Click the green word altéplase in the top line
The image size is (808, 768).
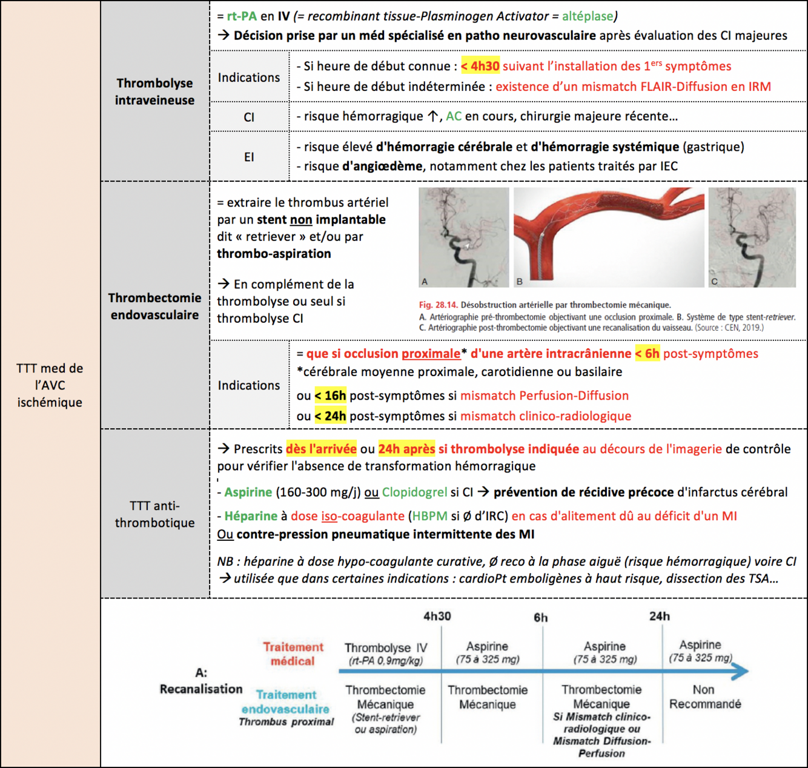pyautogui.click(x=588, y=16)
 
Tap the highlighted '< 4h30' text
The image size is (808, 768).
pyautogui.click(x=480, y=66)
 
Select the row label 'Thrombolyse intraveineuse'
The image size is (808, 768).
pyautogui.click(x=154, y=91)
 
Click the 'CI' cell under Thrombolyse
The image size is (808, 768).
pyautogui.click(x=249, y=117)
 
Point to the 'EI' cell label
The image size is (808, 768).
pyautogui.click(x=249, y=157)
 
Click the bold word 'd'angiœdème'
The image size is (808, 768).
pyautogui.click(x=382, y=166)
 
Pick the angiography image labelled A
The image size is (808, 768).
pyautogui.click(x=464, y=237)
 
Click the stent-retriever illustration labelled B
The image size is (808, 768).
pyautogui.click(x=609, y=237)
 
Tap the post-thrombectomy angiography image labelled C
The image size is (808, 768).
pyautogui.click(x=752, y=237)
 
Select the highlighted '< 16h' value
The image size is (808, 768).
pyautogui.click(x=330, y=396)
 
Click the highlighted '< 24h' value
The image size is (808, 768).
pyautogui.click(x=330, y=416)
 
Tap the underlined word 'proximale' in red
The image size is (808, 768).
pyautogui.click(x=431, y=354)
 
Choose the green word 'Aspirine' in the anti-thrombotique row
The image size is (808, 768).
pyautogui.click(x=248, y=492)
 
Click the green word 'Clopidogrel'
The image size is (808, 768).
pyautogui.click(x=414, y=492)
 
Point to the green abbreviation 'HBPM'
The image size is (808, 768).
pyautogui.click(x=429, y=516)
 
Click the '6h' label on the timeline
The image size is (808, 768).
pyautogui.click(x=540, y=618)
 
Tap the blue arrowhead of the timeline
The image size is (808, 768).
pyautogui.click(x=740, y=671)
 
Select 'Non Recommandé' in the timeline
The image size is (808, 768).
pyautogui.click(x=704, y=697)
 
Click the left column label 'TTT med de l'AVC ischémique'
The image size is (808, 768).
pyautogui.click(x=50, y=385)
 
